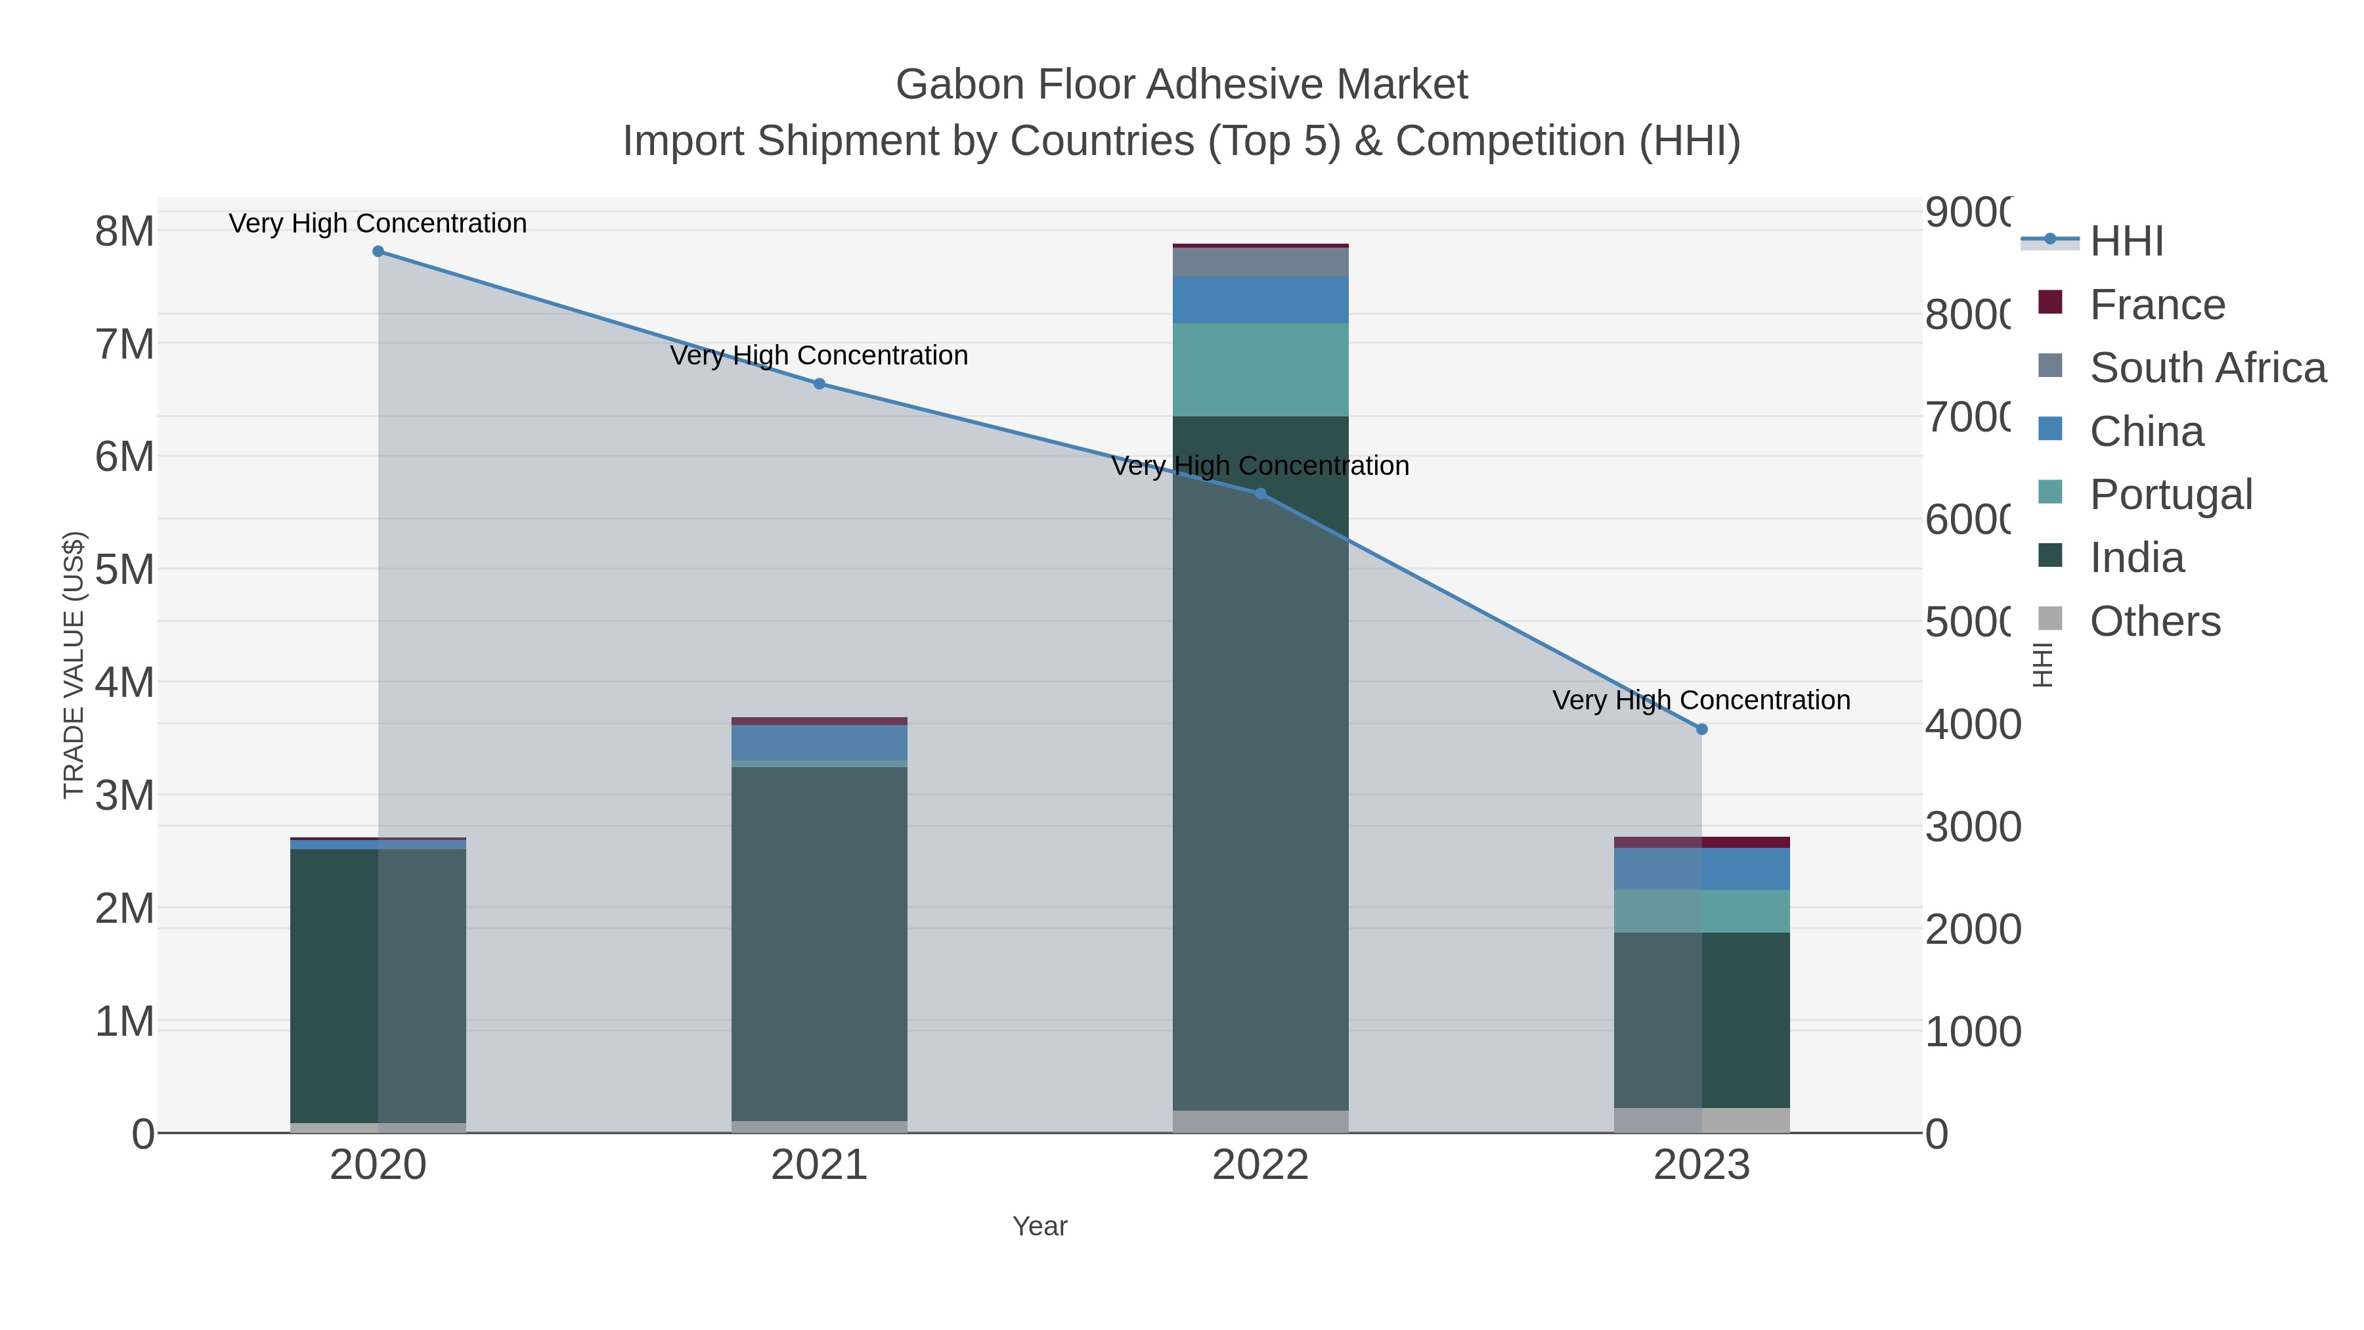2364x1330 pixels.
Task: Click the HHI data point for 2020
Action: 378,252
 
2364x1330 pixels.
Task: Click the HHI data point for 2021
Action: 820,384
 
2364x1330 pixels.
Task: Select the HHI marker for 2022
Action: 1261,494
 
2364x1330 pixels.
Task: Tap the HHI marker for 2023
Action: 1701,730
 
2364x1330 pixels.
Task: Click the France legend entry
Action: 2156,305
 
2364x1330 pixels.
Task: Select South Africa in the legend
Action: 2207,368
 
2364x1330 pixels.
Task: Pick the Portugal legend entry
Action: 2170,495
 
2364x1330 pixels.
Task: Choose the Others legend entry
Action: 2155,621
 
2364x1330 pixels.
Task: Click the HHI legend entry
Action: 2126,242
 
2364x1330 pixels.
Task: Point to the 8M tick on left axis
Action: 125,231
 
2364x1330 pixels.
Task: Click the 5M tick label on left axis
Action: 125,570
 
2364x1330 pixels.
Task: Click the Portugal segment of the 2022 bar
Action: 1260,369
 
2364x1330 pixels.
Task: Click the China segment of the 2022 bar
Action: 1260,299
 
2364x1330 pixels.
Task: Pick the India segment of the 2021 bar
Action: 820,944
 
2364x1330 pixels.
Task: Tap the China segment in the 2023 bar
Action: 1701,869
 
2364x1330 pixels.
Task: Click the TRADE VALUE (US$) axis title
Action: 74,665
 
